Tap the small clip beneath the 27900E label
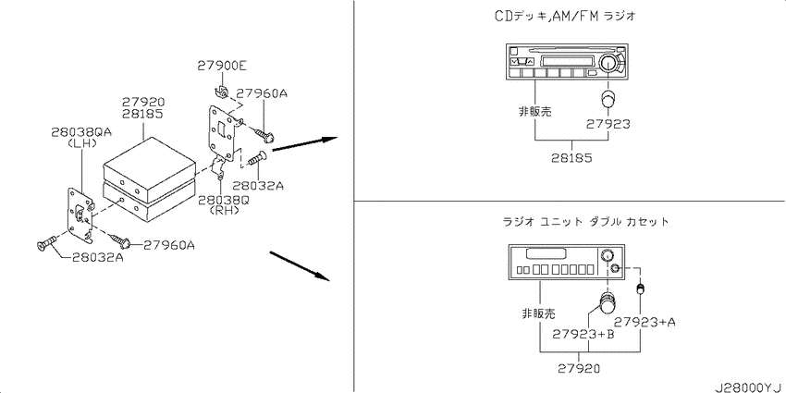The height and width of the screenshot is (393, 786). click(x=221, y=92)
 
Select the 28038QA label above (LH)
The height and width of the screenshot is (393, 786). click(x=81, y=132)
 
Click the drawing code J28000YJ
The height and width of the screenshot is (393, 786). click(x=749, y=387)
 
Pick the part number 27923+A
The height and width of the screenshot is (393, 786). click(x=645, y=322)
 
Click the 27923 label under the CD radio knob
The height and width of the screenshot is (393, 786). click(x=607, y=124)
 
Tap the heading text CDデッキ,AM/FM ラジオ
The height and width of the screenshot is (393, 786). click(x=565, y=17)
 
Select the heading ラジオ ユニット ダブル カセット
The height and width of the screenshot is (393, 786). click(x=585, y=221)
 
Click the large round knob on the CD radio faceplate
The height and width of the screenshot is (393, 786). click(x=608, y=62)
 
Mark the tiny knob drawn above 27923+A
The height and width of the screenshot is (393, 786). click(x=640, y=289)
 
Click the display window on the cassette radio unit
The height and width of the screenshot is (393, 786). click(x=543, y=252)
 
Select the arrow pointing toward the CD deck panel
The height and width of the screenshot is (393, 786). click(x=302, y=143)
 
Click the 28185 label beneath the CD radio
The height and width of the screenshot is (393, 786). click(x=571, y=158)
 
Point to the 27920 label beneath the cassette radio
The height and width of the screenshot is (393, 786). click(x=579, y=369)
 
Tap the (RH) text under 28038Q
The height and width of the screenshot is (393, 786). click(x=224, y=210)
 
